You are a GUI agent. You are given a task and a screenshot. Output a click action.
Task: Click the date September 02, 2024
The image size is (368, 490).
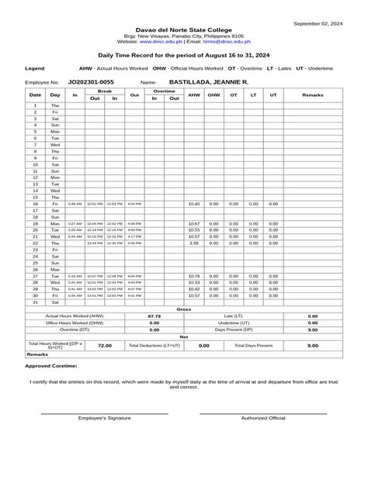(318, 24)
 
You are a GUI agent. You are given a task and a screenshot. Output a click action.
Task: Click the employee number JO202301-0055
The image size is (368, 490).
(91, 81)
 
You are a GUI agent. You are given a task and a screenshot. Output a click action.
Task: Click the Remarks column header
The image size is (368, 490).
(312, 95)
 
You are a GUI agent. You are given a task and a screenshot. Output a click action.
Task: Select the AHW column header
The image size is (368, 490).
(194, 95)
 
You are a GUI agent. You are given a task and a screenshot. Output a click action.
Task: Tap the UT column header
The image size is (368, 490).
(273, 95)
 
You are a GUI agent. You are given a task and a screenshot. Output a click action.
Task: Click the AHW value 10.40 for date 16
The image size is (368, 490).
(194, 204)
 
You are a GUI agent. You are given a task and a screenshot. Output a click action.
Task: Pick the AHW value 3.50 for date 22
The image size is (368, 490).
(194, 243)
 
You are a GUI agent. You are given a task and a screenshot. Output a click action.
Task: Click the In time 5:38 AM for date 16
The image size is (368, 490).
(75, 204)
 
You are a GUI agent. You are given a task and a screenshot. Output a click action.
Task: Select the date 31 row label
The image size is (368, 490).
(35, 302)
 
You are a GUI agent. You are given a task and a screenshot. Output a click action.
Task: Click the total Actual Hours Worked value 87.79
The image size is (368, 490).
(154, 316)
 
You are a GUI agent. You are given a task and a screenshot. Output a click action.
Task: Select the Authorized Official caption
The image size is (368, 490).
(263, 418)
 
